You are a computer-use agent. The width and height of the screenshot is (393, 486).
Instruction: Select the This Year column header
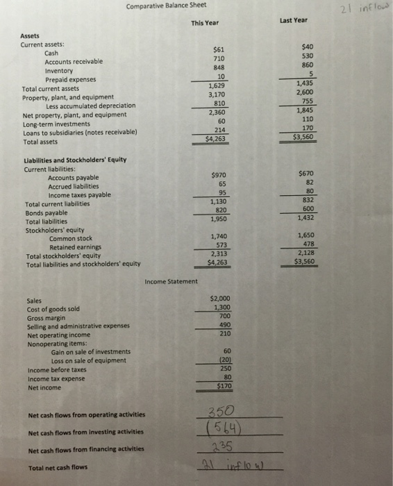pos(205,23)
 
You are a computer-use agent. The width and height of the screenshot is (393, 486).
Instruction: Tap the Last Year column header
pos(294,20)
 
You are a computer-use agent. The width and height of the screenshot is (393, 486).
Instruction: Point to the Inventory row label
pos(59,71)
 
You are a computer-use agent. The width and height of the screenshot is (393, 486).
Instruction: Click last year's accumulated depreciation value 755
pos(306,100)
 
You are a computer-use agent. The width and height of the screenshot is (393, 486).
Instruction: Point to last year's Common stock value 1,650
pos(305,236)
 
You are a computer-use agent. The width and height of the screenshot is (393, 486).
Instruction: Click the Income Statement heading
pos(172,280)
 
